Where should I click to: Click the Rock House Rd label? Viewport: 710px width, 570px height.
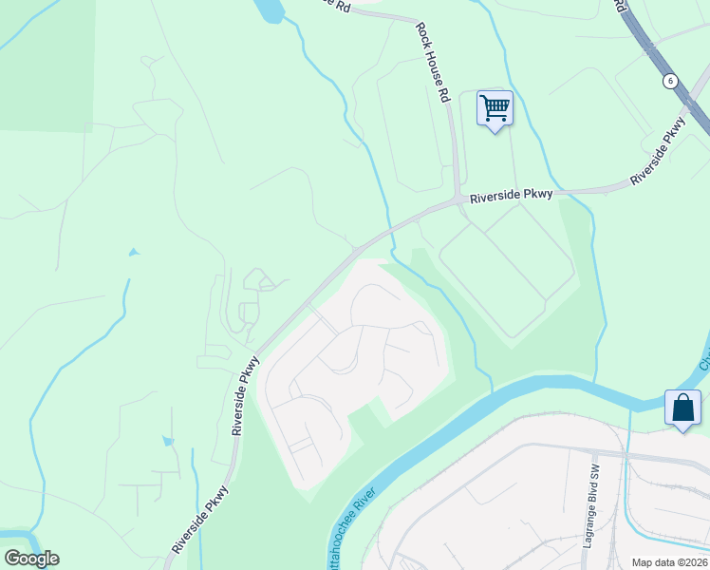(x=431, y=64)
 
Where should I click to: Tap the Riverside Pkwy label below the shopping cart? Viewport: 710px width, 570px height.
(x=512, y=195)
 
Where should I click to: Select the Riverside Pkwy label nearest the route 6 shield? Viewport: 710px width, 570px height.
(x=659, y=152)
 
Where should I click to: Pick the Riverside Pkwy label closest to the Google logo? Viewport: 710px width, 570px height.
(x=200, y=521)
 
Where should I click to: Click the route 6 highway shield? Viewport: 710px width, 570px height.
(x=671, y=81)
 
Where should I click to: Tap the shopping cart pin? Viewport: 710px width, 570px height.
(x=495, y=108)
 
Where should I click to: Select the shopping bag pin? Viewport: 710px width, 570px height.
(x=683, y=408)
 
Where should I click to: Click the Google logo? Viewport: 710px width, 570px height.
(x=31, y=559)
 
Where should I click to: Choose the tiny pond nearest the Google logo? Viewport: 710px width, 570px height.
(x=168, y=441)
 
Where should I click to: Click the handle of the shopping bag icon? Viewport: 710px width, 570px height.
(x=683, y=401)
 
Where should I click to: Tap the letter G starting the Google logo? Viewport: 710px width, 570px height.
(x=11, y=559)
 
